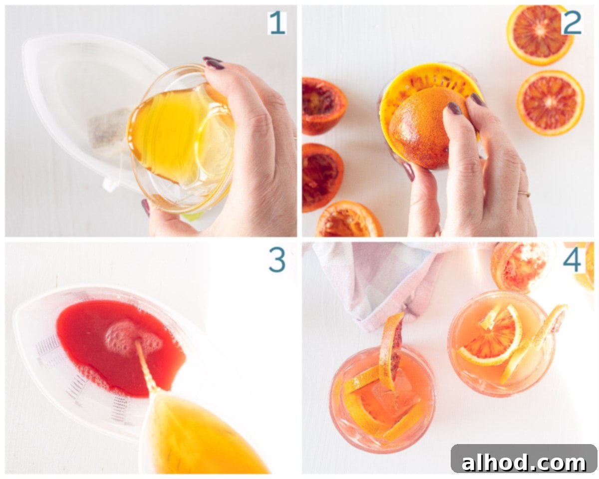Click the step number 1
277,23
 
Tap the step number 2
572,23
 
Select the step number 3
277,260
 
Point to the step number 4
572,260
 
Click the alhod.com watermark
524,462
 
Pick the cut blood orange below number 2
550,103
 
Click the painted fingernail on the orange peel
454,108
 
